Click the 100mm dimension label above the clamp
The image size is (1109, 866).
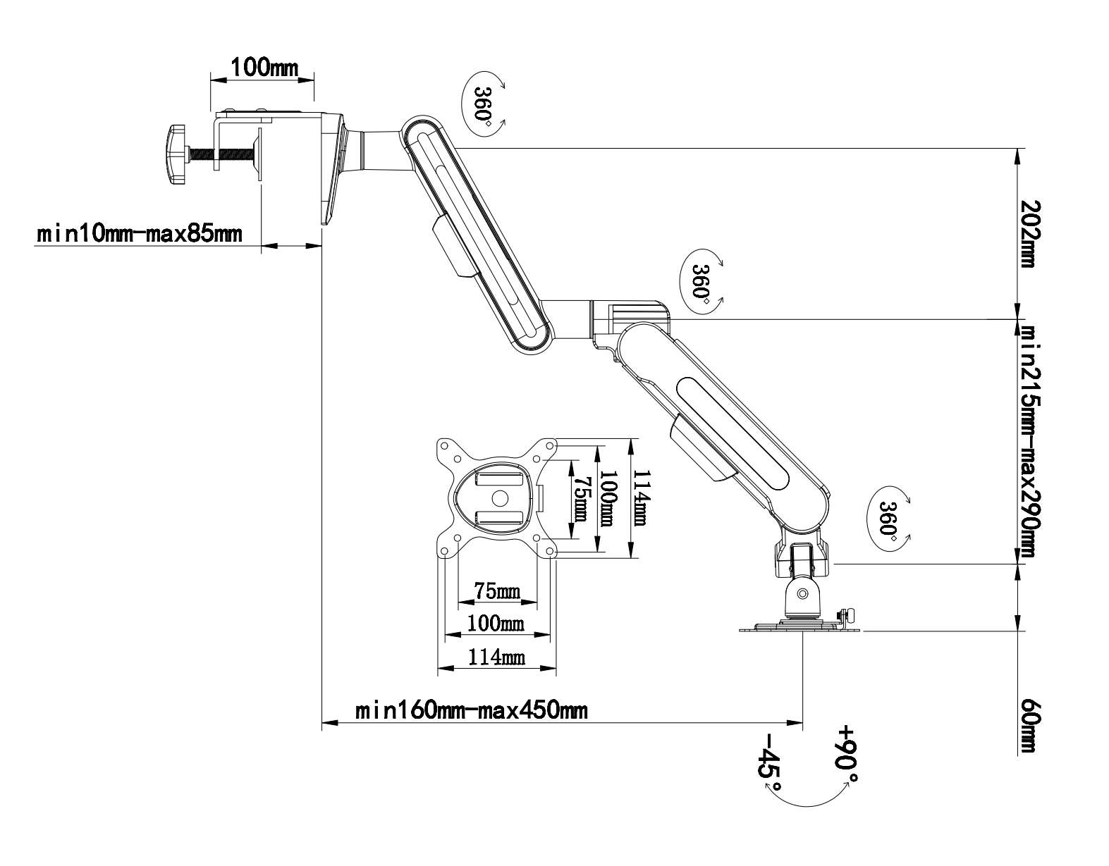click(264, 67)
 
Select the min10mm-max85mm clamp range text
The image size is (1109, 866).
click(140, 233)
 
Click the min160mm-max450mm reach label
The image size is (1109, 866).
click(471, 710)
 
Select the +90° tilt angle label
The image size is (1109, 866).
click(847, 753)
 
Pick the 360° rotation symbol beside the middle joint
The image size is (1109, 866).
click(701, 282)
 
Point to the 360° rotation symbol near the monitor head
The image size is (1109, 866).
click(888, 518)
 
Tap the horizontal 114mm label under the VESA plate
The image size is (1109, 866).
click(496, 658)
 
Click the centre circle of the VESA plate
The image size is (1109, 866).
click(499, 496)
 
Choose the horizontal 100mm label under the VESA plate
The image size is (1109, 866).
click(496, 623)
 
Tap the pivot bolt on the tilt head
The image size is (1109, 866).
click(802, 594)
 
